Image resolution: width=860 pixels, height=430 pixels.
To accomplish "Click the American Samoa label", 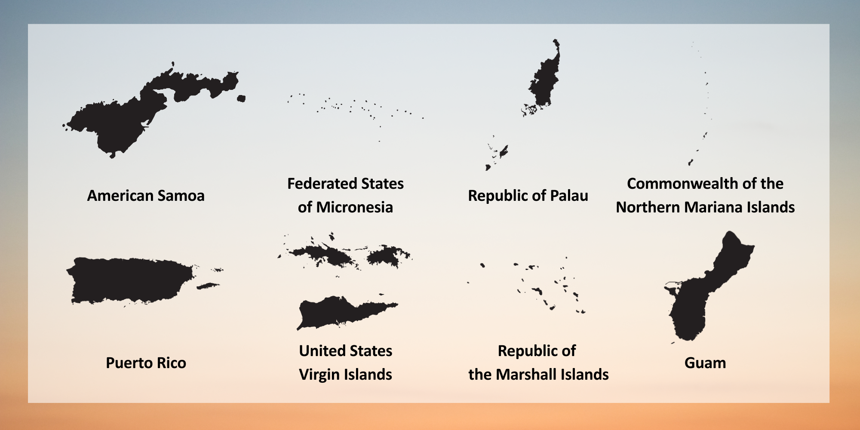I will (146, 196).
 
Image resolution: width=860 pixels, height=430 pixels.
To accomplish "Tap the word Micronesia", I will (354, 207).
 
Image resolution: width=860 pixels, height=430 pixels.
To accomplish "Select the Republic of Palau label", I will (528, 196).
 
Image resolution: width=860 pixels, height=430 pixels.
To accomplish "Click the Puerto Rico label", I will (146, 363).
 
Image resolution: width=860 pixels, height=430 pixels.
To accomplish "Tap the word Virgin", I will (319, 375).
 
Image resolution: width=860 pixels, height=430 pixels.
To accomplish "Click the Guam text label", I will (705, 363).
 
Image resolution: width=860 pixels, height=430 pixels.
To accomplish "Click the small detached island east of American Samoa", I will (241, 98).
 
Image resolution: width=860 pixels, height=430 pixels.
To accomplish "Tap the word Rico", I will (172, 363).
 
